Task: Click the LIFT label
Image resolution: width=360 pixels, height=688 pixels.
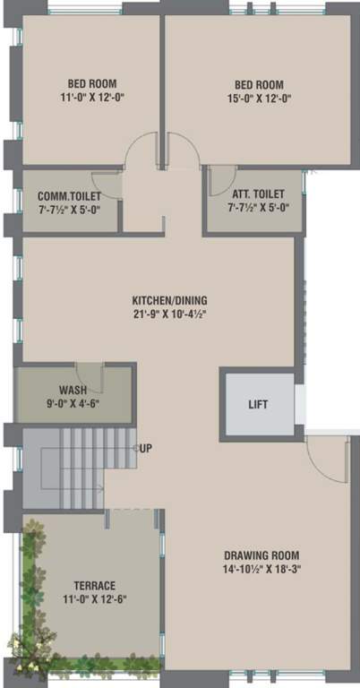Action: coord(258,404)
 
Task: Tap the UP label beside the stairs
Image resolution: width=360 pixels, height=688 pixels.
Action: coord(145,447)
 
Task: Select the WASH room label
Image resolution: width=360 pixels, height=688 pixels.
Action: coord(73,390)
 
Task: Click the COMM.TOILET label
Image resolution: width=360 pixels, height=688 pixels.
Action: coord(69,195)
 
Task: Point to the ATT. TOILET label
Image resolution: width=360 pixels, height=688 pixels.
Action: coord(256,193)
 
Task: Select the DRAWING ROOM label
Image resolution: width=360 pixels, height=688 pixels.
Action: coord(261,555)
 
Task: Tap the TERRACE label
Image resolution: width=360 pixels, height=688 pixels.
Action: coord(88,586)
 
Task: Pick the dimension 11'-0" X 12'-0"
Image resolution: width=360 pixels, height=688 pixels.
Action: coord(90,99)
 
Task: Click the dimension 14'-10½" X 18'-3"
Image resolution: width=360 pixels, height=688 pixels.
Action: coord(261,569)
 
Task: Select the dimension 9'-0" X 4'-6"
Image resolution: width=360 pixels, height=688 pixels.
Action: coord(73,403)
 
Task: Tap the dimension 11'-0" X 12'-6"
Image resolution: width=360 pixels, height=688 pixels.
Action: coord(88,599)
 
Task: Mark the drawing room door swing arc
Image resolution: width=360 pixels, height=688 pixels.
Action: coord(327,457)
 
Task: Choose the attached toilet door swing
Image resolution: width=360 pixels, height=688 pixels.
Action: coord(219,181)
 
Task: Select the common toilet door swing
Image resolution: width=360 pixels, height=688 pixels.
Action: coord(107,185)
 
